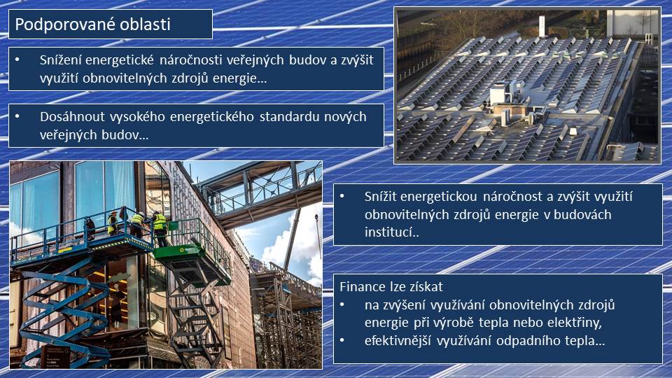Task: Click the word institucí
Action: click(x=390, y=232)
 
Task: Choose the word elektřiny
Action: click(x=576, y=323)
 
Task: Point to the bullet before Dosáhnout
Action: click(x=17, y=117)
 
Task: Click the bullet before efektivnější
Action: click(x=342, y=341)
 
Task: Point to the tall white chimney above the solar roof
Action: click(x=542, y=27)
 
